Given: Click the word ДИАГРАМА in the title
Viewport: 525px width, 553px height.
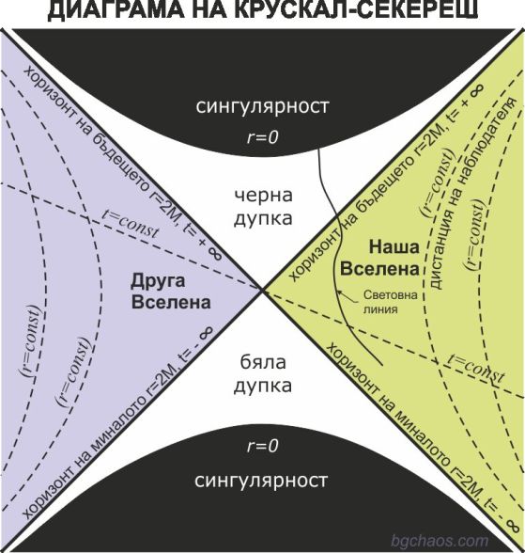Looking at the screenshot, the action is [116, 9].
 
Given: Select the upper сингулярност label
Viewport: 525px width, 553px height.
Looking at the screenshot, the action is [262, 105].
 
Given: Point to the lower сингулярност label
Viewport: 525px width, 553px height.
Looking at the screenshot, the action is [261, 481].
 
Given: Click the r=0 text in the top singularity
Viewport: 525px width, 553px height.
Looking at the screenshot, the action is [263, 137].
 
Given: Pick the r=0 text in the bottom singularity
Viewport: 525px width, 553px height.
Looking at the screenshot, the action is [263, 446].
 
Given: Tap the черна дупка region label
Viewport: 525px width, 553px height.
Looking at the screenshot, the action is [263, 207].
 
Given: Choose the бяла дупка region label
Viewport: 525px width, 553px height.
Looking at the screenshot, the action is [263, 374].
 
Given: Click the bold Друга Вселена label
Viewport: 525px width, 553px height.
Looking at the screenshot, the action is [171, 292].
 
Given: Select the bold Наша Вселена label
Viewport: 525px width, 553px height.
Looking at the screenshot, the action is [380, 258].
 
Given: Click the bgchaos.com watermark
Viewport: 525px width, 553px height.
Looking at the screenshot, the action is [440, 541].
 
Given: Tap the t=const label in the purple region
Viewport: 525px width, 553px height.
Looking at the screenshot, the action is [131, 224].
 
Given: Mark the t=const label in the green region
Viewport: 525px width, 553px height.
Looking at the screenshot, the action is [476, 369].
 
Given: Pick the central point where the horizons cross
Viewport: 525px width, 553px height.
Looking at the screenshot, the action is [262, 291].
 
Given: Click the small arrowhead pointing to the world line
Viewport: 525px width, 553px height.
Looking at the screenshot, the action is [339, 292].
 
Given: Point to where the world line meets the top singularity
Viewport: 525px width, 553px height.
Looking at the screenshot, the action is [318, 150].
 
